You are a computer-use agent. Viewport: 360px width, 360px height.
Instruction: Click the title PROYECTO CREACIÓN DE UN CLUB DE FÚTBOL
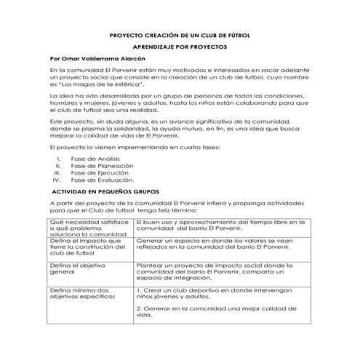click(180, 33)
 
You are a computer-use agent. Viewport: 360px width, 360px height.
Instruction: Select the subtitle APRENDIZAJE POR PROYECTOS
click(180, 46)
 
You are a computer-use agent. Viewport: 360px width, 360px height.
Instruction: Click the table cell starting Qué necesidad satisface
click(87, 228)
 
